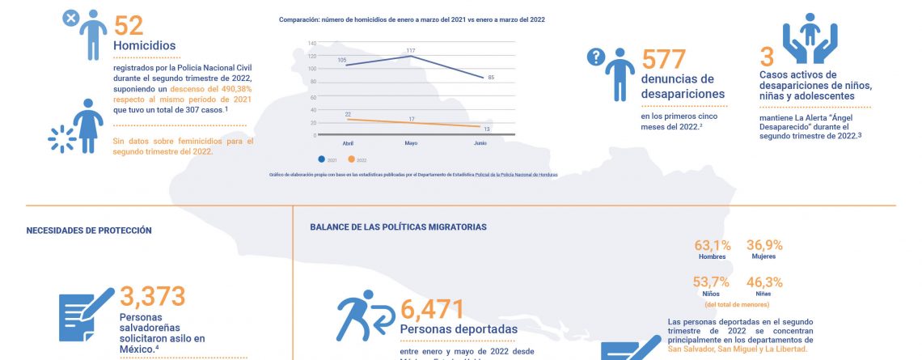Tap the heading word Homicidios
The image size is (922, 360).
pyautogui.click(x=144, y=46)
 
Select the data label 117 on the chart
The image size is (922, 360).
pyautogui.click(x=411, y=50)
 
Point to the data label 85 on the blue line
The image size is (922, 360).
pyautogui.click(x=491, y=77)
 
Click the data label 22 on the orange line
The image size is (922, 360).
pyautogui.click(x=348, y=114)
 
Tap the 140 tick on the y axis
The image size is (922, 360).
pyautogui.click(x=311, y=42)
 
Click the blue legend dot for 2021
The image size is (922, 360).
pyautogui.click(x=322, y=159)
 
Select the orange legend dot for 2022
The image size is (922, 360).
pyautogui.click(x=352, y=159)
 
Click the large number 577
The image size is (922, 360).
pyautogui.click(x=663, y=58)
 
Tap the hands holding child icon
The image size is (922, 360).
pyautogui.click(x=809, y=41)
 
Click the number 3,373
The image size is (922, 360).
pyautogui.click(x=153, y=296)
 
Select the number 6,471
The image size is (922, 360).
pyautogui.click(x=432, y=310)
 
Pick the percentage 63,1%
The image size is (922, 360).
pyautogui.click(x=713, y=244)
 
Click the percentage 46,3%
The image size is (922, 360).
pyautogui.click(x=763, y=282)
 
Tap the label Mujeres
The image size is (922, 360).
pyautogui.click(x=763, y=256)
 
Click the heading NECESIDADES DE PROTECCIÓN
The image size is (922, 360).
pyautogui.click(x=89, y=230)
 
